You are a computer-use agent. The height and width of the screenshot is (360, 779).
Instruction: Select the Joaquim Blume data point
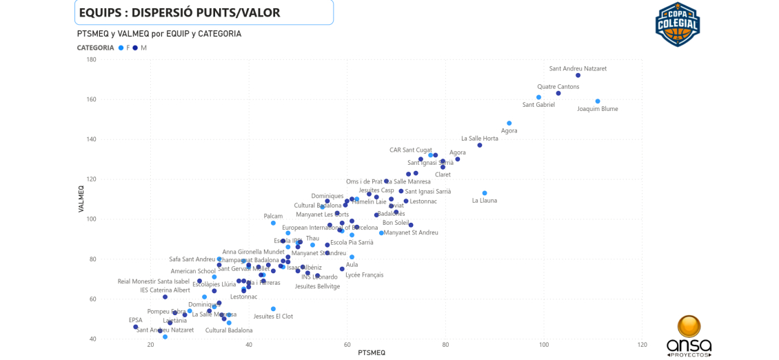coord(598,101)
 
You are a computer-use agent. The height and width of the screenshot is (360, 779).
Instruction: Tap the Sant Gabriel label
coord(538,105)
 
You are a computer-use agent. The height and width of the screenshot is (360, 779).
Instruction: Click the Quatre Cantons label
coord(558,87)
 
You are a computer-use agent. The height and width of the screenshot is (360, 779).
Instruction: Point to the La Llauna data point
coord(485,193)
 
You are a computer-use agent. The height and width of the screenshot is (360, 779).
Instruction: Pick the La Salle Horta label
coord(479,139)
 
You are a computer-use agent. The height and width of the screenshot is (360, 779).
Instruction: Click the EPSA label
coord(135,320)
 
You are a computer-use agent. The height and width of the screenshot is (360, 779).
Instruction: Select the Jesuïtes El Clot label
coord(273,317)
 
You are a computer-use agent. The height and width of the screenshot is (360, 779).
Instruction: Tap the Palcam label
coord(273,216)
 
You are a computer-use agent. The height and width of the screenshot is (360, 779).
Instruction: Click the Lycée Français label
coord(364,275)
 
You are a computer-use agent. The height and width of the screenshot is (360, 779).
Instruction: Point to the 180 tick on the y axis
coord(91,60)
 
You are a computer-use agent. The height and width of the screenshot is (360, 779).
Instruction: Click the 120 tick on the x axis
coord(642,345)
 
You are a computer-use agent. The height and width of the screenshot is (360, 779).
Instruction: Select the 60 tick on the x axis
coord(347,345)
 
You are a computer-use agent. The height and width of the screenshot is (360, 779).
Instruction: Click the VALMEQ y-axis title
coord(81,199)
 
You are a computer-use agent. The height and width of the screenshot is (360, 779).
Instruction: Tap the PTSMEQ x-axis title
coord(372,353)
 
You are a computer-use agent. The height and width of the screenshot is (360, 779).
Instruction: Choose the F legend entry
coord(125,48)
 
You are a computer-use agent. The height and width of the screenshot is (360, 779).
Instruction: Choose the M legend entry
coord(140,48)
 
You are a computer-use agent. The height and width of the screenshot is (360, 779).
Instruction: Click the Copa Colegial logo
coord(677,24)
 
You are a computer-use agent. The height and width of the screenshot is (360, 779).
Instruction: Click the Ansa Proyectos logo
coord(689,336)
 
